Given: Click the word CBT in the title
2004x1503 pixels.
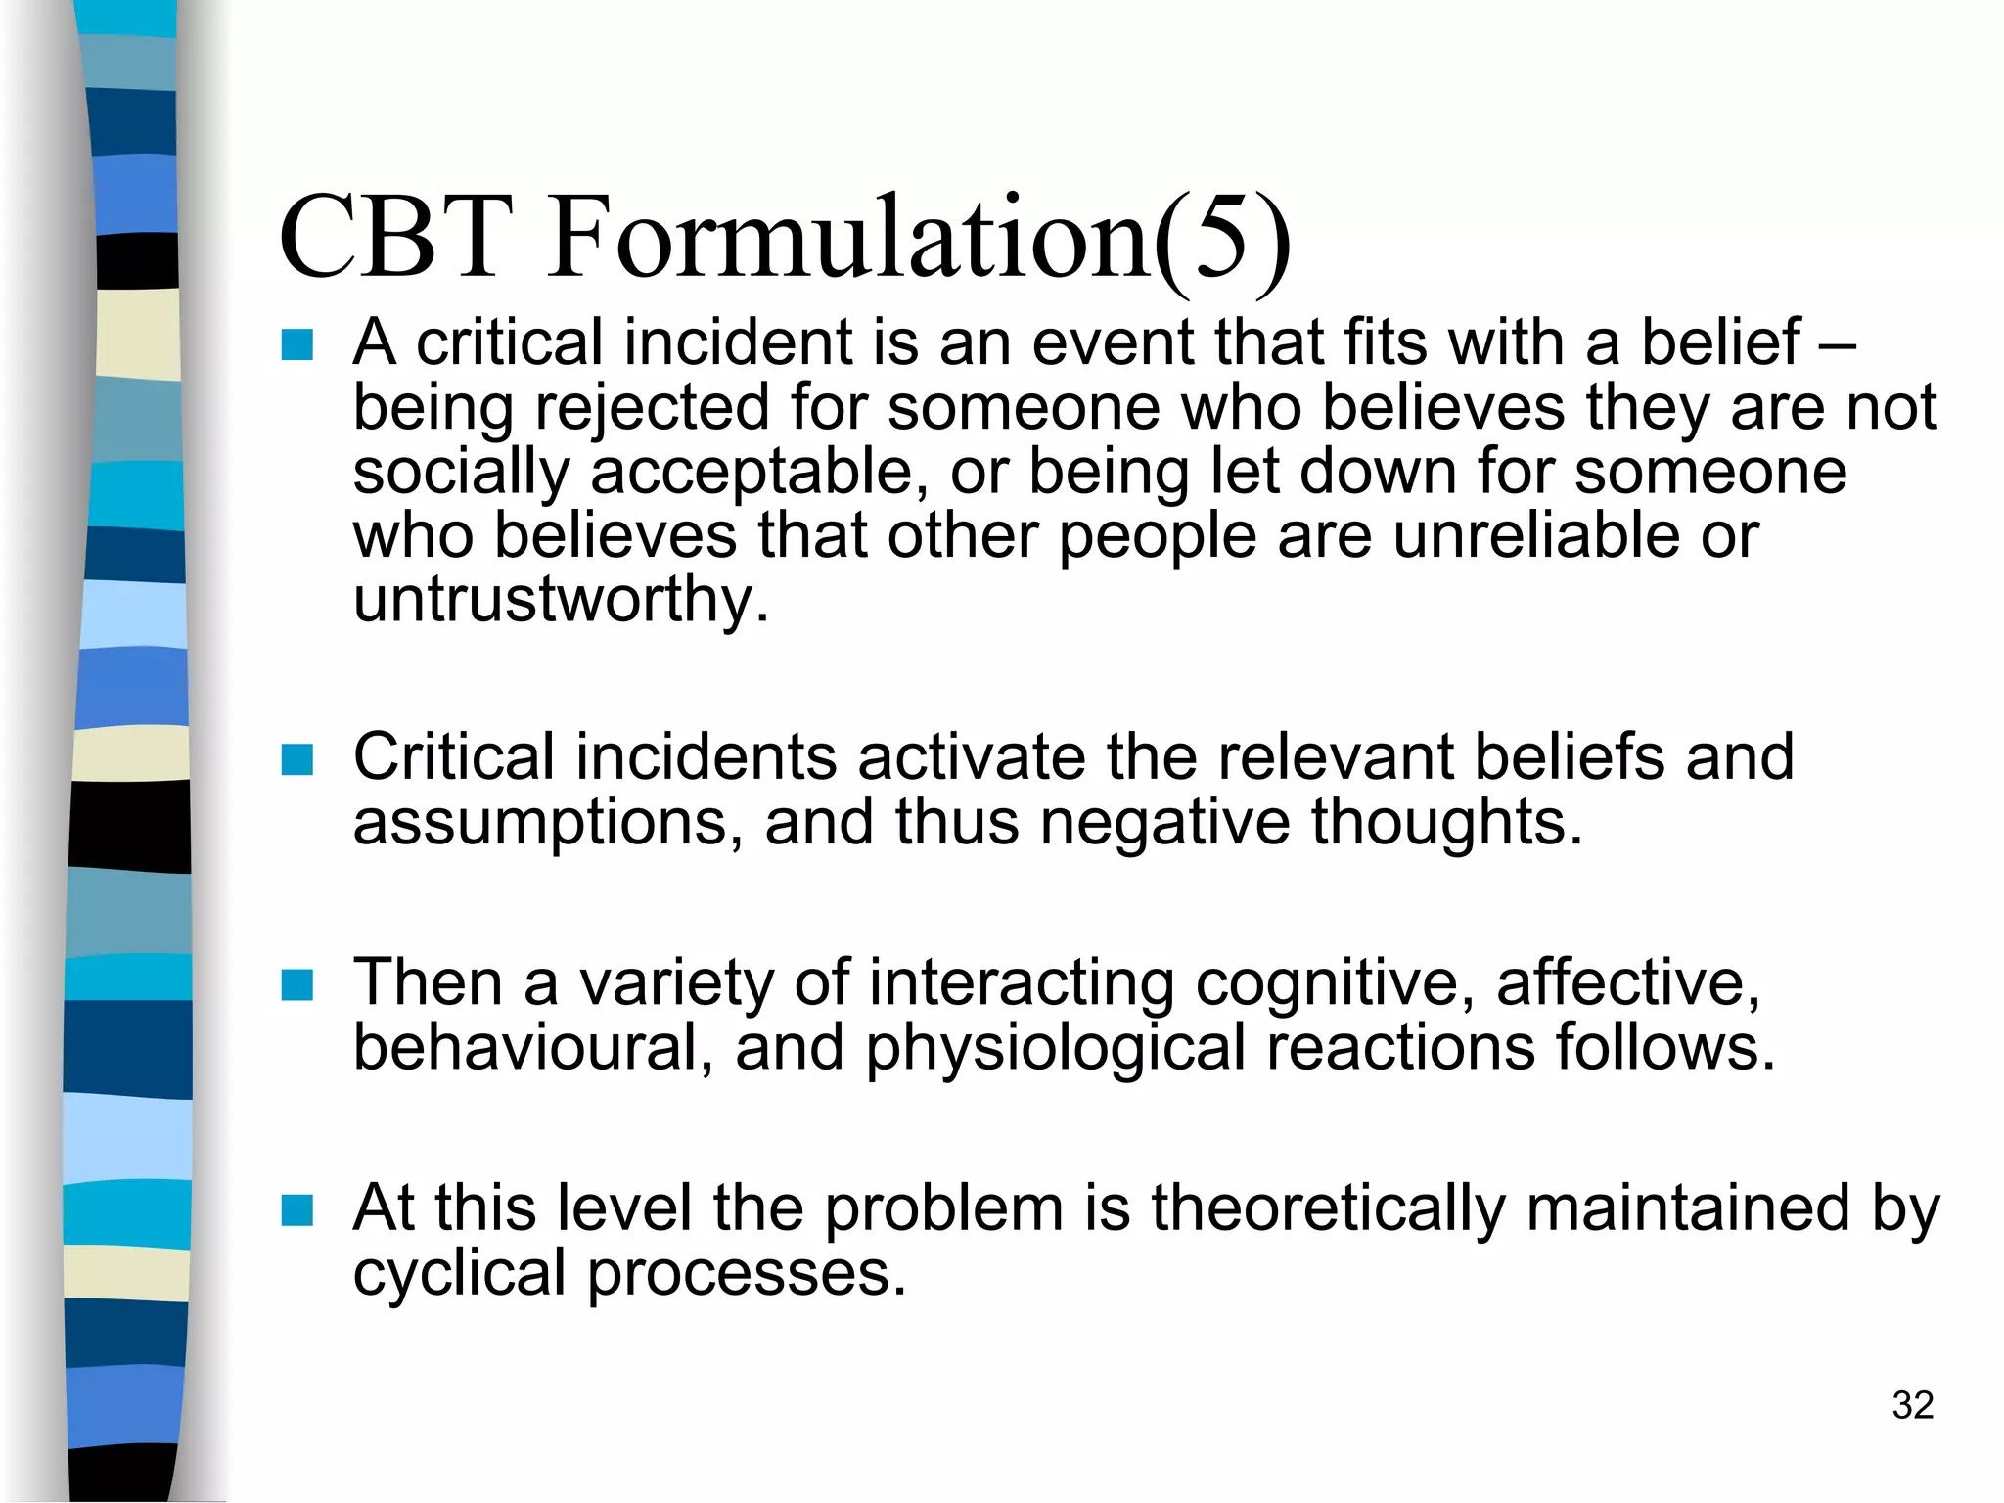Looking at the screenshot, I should tap(396, 238).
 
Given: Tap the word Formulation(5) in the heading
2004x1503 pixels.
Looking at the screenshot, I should tap(918, 238).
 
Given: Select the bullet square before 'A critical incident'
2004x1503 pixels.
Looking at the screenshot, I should tap(296, 345).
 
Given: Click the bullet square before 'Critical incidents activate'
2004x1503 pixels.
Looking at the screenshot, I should tap(296, 759).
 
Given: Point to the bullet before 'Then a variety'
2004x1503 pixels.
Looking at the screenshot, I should tap(296, 984).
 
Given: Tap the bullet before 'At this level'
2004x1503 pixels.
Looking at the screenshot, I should tap(296, 1210).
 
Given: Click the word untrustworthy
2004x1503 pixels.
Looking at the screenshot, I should tap(561, 599).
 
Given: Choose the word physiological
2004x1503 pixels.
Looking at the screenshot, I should tap(1055, 1048).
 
